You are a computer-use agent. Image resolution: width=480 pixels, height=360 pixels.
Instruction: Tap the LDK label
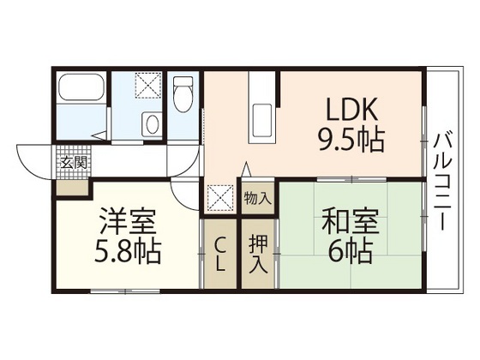pos(352,111)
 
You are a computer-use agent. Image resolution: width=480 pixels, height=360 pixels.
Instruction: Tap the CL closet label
pos(219,255)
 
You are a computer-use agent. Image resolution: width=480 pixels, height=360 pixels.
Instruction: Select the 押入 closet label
pos(258,253)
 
